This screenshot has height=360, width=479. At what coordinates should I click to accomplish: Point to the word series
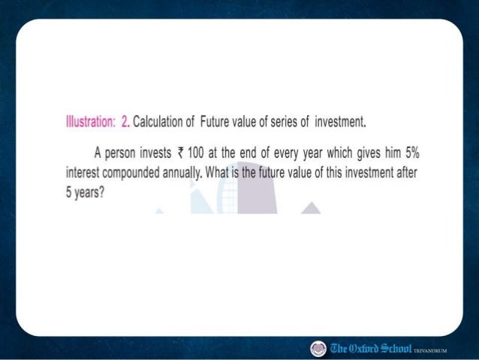click(x=269, y=123)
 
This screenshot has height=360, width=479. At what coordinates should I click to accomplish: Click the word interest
click(x=83, y=171)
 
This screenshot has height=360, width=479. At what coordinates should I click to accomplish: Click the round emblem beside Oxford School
click(x=318, y=347)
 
